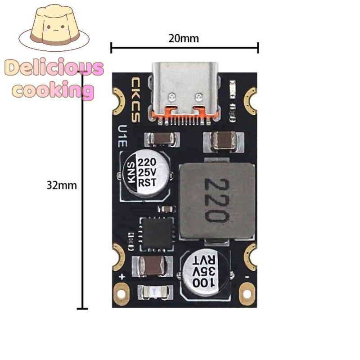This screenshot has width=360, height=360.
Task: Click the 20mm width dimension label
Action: (x=184, y=38)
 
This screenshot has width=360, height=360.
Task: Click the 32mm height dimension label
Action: (x=62, y=185)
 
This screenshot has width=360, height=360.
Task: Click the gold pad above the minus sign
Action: (x=250, y=256)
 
